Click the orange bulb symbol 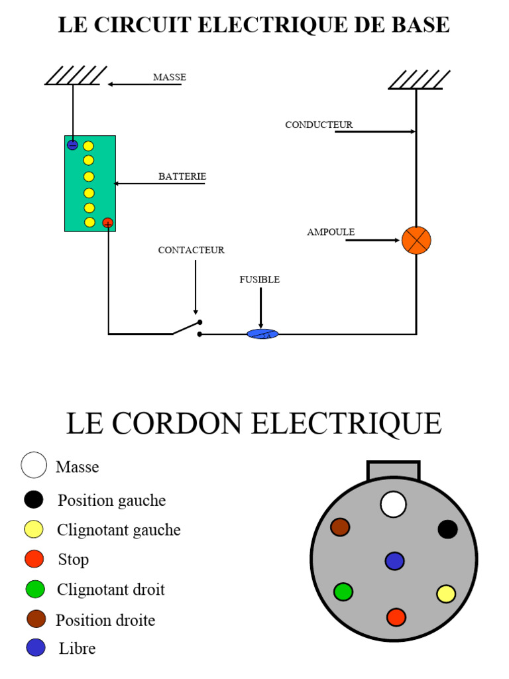pos(416,240)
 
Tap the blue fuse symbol pos(262,334)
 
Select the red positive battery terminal pos(108,223)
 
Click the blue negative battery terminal pos(73,145)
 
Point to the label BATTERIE pos(182,176)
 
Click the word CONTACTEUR pos(191,250)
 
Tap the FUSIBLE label pos(259,280)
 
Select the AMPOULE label pos(331,232)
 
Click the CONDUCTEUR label pos(319,125)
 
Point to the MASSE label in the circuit pos(170,77)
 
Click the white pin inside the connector pos(393,504)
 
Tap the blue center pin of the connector pos(394,561)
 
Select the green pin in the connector pos(343,591)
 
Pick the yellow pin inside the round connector pos(446,593)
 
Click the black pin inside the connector pos(447,529)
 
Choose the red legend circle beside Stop pos(34,559)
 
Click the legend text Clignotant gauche pos(119,530)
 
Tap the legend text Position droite pos(105,621)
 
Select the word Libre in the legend pos(77,648)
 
